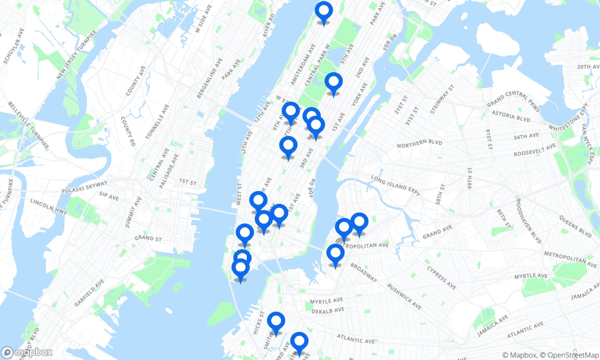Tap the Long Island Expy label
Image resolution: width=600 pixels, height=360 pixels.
395,185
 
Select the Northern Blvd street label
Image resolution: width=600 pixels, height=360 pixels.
419,144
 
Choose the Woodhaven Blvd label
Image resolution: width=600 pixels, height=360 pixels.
528,221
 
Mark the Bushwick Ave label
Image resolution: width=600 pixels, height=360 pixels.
404,296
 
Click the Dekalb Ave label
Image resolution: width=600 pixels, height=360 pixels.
327,311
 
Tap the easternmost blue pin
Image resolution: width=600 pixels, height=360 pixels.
359,222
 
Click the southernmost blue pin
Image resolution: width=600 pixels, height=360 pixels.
299,342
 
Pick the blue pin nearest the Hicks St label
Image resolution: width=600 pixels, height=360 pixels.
276,322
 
